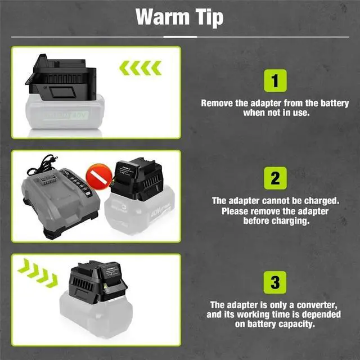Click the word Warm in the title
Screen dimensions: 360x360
[163, 16]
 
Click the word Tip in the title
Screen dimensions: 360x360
[209, 18]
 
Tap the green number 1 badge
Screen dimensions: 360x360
[275, 80]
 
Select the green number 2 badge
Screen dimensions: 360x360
[275, 178]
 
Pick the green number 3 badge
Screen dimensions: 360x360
[275, 282]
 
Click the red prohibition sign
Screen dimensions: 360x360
[99, 177]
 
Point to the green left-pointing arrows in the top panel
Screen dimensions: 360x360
[140, 68]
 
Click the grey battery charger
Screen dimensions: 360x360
[60, 202]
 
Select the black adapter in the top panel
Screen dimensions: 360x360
[61, 78]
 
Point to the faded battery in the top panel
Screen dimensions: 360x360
[65, 112]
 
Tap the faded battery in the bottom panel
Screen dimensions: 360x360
[96, 316]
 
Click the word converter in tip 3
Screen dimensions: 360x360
[317, 305]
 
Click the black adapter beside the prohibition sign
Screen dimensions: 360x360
[137, 179]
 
